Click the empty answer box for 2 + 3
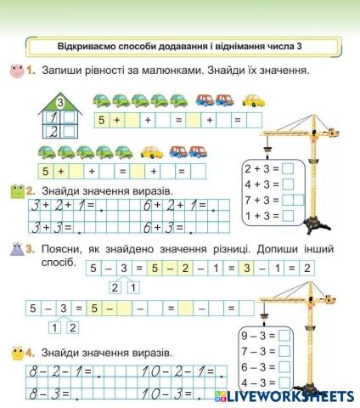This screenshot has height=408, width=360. (x=288, y=167)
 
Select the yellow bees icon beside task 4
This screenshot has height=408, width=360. (x=16, y=352)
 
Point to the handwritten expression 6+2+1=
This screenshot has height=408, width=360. (x=175, y=206)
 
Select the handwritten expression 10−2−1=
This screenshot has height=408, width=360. (x=179, y=371)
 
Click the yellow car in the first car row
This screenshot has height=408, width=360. (x=254, y=100)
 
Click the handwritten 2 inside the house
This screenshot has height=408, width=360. (x=53, y=132)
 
